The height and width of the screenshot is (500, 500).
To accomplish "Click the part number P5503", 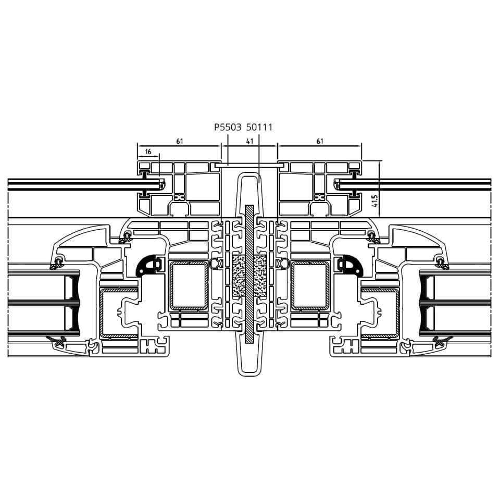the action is [x=228, y=128].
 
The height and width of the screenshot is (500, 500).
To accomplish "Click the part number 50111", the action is [x=259, y=128].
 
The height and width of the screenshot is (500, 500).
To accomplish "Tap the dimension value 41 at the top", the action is [x=249, y=141].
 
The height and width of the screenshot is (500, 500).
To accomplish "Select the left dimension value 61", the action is [x=180, y=141].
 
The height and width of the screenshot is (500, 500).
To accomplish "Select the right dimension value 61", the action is [x=320, y=141].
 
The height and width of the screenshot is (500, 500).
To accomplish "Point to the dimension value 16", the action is [x=148, y=152].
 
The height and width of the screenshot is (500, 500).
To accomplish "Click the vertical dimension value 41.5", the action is [x=375, y=201].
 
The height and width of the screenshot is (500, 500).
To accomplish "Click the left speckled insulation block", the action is [x=239, y=276].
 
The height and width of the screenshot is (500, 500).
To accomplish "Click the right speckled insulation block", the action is [x=260, y=276].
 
